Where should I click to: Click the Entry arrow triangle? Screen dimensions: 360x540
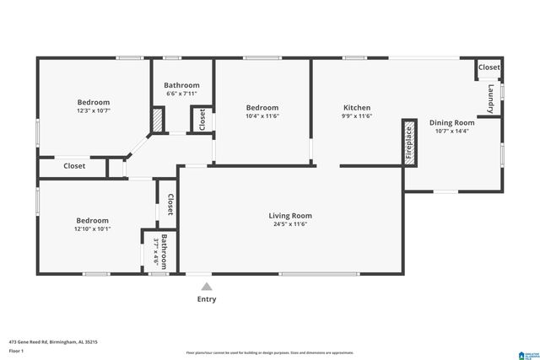(x=206, y=287)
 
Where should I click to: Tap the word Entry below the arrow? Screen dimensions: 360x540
(x=206, y=299)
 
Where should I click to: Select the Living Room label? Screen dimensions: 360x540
(x=290, y=216)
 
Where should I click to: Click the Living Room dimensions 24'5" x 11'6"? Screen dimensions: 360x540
(x=290, y=225)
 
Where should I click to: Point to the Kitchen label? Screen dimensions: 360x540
(x=356, y=107)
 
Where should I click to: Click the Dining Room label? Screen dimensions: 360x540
(x=451, y=122)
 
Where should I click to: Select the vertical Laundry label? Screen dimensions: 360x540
(x=490, y=98)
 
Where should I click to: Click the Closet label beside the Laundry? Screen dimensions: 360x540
(x=489, y=67)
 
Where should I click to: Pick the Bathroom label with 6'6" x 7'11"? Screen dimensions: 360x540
(x=181, y=85)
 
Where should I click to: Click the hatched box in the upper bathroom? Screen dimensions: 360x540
(x=158, y=119)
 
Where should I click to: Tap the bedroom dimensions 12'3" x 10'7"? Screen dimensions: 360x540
(x=93, y=110)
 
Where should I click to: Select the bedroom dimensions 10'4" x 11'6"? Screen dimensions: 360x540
(x=262, y=116)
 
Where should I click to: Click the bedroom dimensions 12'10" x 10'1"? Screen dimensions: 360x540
(x=93, y=228)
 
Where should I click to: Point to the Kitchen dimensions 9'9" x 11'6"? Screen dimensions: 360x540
(x=356, y=116)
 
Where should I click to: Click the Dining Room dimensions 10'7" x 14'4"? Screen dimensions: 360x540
(x=451, y=131)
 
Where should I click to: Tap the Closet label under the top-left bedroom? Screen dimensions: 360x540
(x=74, y=166)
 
